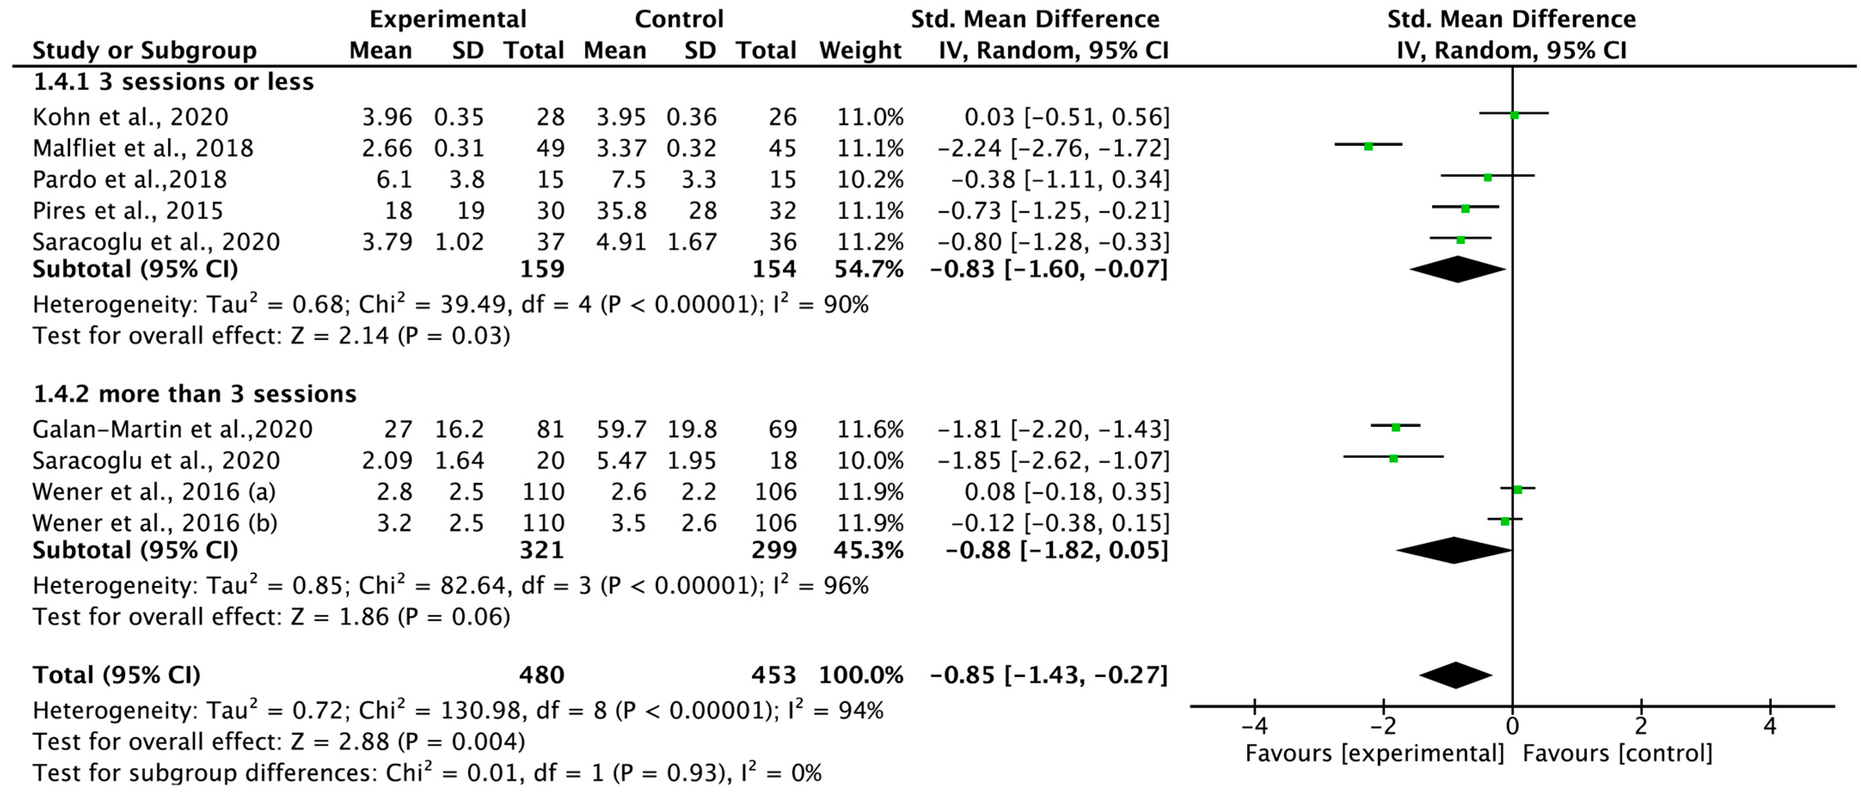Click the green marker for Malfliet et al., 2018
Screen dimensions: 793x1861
[1368, 146]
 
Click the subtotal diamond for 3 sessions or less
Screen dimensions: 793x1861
[1457, 269]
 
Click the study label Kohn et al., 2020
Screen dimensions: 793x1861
[130, 117]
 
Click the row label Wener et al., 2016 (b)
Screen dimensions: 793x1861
[155, 523]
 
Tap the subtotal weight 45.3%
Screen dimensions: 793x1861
[868, 550]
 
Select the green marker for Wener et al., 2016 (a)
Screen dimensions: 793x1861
[1517, 490]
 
